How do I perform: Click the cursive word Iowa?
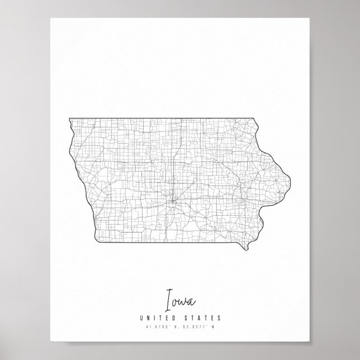point(179,302)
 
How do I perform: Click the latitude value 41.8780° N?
point(162,327)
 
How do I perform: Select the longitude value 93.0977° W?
point(198,327)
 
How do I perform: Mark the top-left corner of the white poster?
point(50,17)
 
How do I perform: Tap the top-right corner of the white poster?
point(310,17)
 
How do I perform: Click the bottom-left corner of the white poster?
point(50,343)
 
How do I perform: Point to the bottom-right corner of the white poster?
point(310,343)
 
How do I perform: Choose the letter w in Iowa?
point(183,304)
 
